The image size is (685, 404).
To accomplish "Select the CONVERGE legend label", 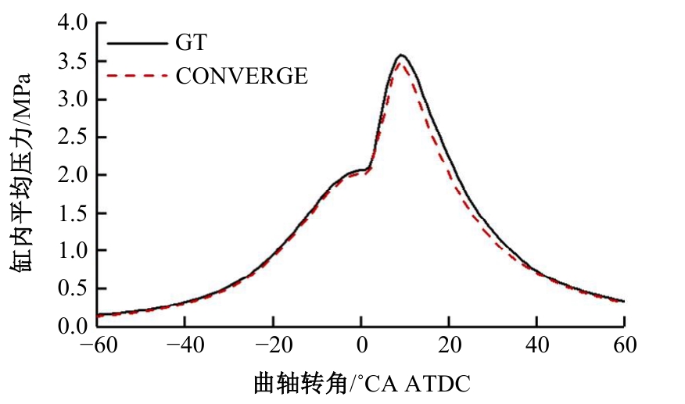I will click(242, 76).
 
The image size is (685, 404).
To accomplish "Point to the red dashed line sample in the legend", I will click(136, 76).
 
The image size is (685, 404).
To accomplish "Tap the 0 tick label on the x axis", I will click(360, 345).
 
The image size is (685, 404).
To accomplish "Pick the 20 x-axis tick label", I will click(449, 345).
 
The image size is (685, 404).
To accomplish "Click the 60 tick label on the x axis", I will click(624, 345).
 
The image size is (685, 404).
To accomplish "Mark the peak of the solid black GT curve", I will click(401, 55).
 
